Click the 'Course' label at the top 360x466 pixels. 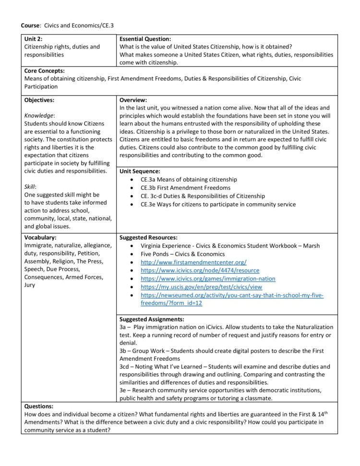click(29, 25)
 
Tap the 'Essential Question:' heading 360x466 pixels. click(145, 38)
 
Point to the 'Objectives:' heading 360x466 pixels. click(39, 100)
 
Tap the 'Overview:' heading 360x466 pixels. click(133, 100)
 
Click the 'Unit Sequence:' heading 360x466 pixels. click(140, 171)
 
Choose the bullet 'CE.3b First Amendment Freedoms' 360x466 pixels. click(185, 188)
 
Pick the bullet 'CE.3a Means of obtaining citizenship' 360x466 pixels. click(189, 179)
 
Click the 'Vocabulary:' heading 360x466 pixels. click(40, 237)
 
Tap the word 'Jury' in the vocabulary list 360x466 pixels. click(30, 285)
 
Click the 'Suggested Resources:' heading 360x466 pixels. click(148, 237)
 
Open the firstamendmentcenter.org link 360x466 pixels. click(193, 262)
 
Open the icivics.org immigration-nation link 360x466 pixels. click(208, 279)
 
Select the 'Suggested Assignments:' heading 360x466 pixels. click(152, 319)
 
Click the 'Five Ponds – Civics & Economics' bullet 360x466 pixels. click(182, 254)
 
